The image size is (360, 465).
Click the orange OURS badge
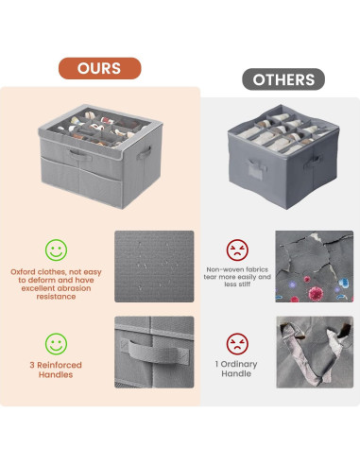pos(99,68)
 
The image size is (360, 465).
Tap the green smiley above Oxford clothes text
pos(57,250)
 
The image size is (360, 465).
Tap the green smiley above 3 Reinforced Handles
pos(57,343)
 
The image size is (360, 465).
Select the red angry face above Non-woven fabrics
pos(235,250)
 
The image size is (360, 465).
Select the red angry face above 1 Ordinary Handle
pos(235,343)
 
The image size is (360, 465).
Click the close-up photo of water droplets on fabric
pos(153,267)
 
